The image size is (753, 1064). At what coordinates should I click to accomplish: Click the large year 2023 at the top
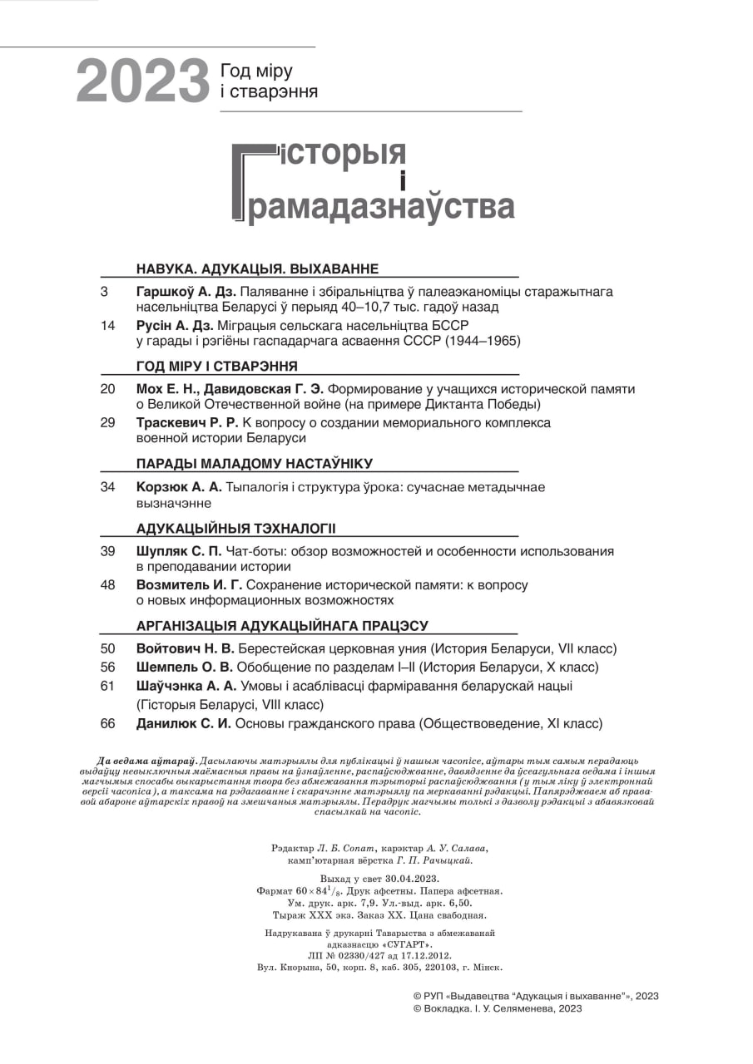(x=142, y=82)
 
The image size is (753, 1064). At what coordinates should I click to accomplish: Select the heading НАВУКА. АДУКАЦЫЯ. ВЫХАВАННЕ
(x=257, y=268)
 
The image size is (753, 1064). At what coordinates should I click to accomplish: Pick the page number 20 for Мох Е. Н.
(x=107, y=389)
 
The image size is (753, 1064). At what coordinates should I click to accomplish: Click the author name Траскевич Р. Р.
(x=186, y=422)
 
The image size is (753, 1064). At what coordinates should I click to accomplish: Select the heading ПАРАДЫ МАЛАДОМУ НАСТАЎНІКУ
(x=254, y=463)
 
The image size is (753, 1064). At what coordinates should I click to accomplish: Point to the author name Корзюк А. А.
(x=179, y=487)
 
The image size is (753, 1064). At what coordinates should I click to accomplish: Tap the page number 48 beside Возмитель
(x=107, y=584)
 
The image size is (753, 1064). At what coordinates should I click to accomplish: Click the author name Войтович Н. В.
(x=185, y=648)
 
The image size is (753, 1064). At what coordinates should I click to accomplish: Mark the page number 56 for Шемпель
(x=107, y=667)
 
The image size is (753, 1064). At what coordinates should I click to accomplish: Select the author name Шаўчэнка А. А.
(x=186, y=686)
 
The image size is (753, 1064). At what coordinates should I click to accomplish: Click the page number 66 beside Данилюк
(x=107, y=723)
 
